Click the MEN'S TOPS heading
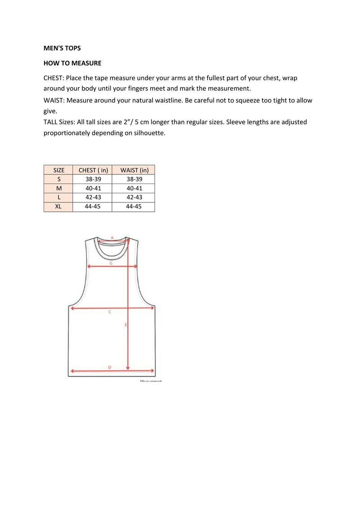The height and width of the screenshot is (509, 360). [x=62, y=48]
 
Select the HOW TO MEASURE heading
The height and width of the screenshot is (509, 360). [x=72, y=63]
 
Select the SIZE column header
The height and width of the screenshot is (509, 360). [x=59, y=170]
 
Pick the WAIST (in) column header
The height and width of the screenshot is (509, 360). [x=134, y=170]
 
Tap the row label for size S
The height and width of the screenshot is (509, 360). [x=59, y=179]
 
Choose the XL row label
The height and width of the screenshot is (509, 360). [x=59, y=206]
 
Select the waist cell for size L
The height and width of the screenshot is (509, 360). [x=134, y=197]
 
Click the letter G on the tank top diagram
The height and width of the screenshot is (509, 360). [x=111, y=263]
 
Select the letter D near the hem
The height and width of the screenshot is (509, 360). [x=110, y=367]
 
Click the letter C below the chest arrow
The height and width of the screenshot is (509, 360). [x=110, y=311]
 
